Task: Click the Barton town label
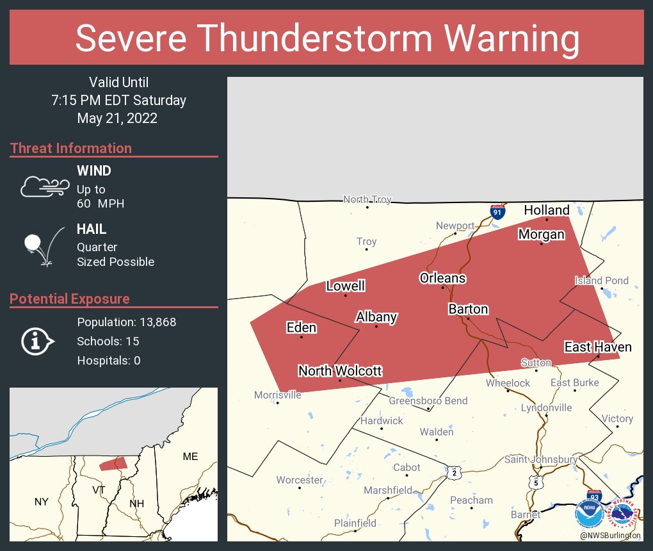[x=468, y=309]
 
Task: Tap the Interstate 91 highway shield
[x=497, y=211]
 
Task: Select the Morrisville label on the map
[x=277, y=395]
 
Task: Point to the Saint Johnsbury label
[x=541, y=459]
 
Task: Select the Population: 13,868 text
[x=126, y=322]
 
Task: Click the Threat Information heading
[x=71, y=148]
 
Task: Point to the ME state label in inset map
[x=190, y=456]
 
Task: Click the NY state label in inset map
[x=41, y=502]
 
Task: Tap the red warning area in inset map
[x=113, y=463]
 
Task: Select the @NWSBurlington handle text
[x=609, y=535]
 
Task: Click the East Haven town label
[x=597, y=347]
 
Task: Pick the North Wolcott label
[x=340, y=371]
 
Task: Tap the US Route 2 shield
[x=454, y=473]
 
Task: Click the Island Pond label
[x=601, y=281]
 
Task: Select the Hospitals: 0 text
[x=108, y=360]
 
